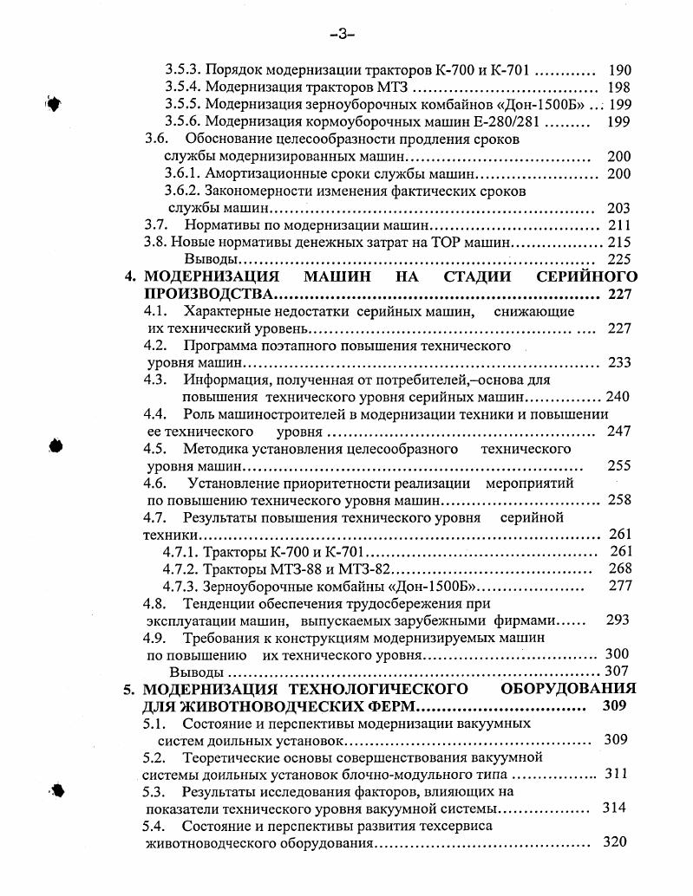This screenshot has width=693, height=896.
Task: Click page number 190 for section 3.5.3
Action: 619,70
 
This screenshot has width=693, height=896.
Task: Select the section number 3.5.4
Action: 183,88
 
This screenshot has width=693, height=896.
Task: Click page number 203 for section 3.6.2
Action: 618,208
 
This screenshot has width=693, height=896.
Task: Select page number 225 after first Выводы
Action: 619,259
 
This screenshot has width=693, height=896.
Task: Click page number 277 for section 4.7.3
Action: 619,586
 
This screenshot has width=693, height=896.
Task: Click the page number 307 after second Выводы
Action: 616,672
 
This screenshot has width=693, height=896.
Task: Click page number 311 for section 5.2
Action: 616,773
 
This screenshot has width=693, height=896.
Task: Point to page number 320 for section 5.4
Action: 614,841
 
